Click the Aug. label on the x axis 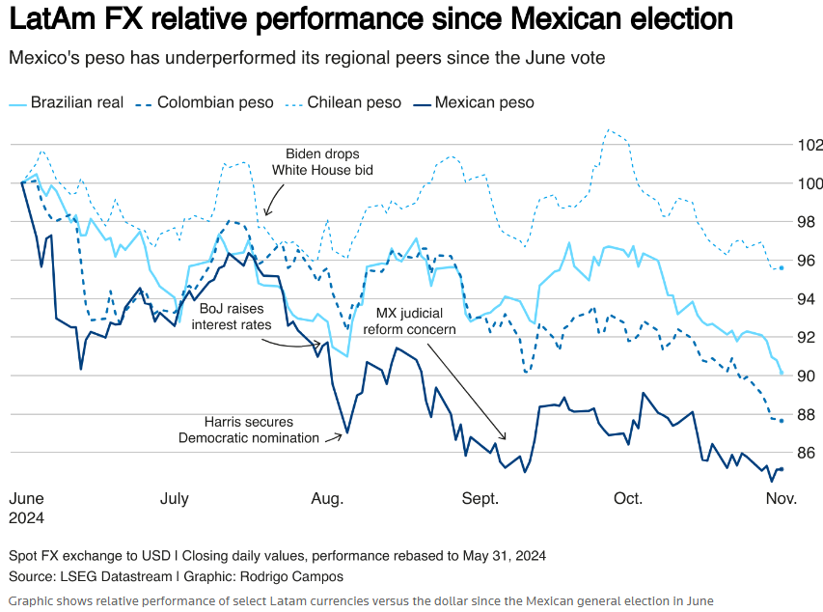coord(327,499)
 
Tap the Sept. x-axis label coord(480,499)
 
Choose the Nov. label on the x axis coord(781,499)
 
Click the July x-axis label coord(174,499)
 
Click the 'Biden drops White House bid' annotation coord(322,162)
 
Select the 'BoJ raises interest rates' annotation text coord(231,317)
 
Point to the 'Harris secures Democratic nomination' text coord(248,430)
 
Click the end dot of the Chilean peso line coord(781,267)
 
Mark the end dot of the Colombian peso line coord(781,421)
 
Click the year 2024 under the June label coord(27,517)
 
